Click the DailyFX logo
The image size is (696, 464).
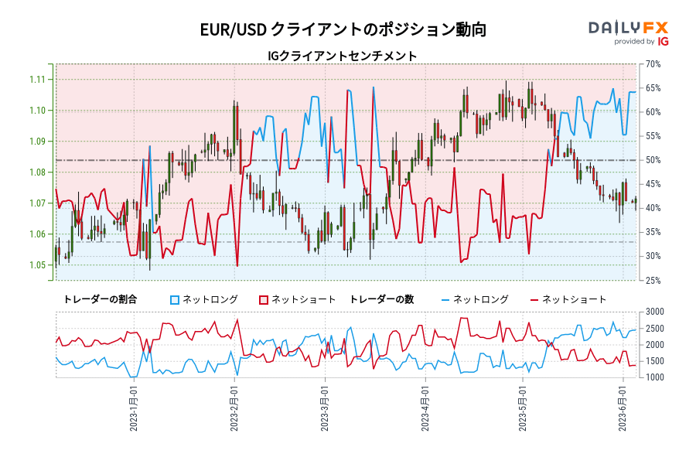(628, 28)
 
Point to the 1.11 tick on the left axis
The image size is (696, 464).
(36, 80)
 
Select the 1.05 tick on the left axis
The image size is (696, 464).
(36, 265)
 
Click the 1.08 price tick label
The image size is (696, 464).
(36, 172)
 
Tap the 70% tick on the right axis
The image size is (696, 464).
(651, 64)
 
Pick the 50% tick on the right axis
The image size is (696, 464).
(651, 160)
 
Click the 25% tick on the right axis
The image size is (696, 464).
(651, 281)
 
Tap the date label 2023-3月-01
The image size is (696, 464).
(325, 408)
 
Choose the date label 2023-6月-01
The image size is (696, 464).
(623, 408)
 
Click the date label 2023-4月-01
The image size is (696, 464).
(425, 408)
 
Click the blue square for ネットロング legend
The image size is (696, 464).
(175, 299)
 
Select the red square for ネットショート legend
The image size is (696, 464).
(264, 299)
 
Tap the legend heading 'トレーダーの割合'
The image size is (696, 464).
(100, 299)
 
